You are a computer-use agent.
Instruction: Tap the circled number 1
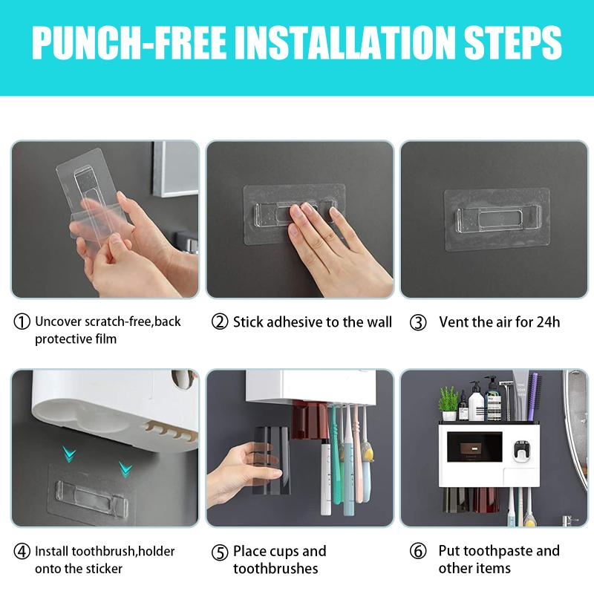[x=22, y=322]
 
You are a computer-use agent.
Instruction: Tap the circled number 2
[x=219, y=322]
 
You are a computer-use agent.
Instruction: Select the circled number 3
[x=418, y=322]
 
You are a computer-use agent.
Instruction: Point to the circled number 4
[x=22, y=552]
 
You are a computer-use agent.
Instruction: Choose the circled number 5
[x=219, y=552]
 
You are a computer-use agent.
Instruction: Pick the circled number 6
[x=418, y=552]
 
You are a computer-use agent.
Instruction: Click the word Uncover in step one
[x=58, y=322]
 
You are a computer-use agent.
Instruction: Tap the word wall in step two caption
[x=375, y=322]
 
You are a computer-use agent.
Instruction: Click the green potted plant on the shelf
[x=448, y=400]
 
